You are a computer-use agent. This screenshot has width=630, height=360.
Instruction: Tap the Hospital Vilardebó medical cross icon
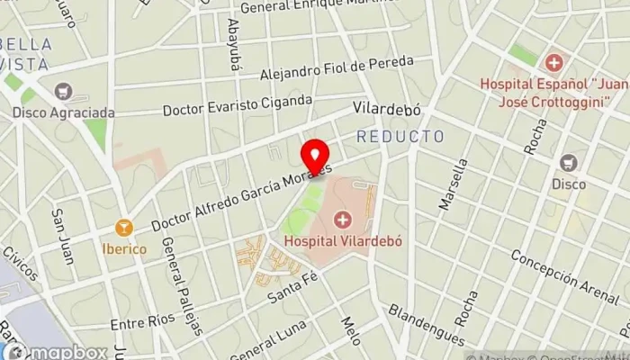click(343, 219)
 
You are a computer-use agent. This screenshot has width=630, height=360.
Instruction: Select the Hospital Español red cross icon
click(553, 62)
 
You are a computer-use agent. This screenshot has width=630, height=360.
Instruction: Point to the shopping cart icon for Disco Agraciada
click(63, 91)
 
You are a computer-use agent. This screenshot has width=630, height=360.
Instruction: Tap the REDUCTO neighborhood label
click(400, 137)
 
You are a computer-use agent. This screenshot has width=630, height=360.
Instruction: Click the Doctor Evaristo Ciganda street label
click(238, 106)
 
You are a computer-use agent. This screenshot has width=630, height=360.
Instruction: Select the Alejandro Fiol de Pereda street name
click(336, 69)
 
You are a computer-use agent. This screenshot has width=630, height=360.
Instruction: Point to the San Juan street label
click(62, 237)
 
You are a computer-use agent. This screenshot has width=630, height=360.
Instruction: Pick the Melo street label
click(350, 330)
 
